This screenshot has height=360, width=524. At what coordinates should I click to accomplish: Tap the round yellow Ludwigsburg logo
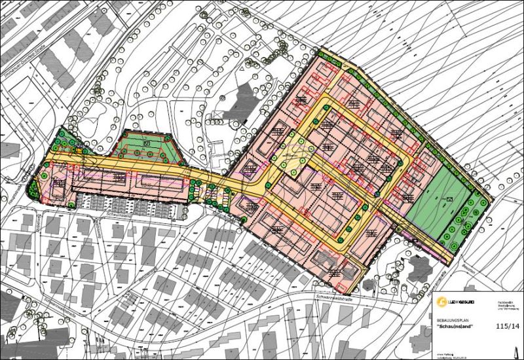(x=443, y=301)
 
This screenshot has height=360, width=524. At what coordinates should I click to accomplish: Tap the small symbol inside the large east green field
(x=449, y=199)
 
